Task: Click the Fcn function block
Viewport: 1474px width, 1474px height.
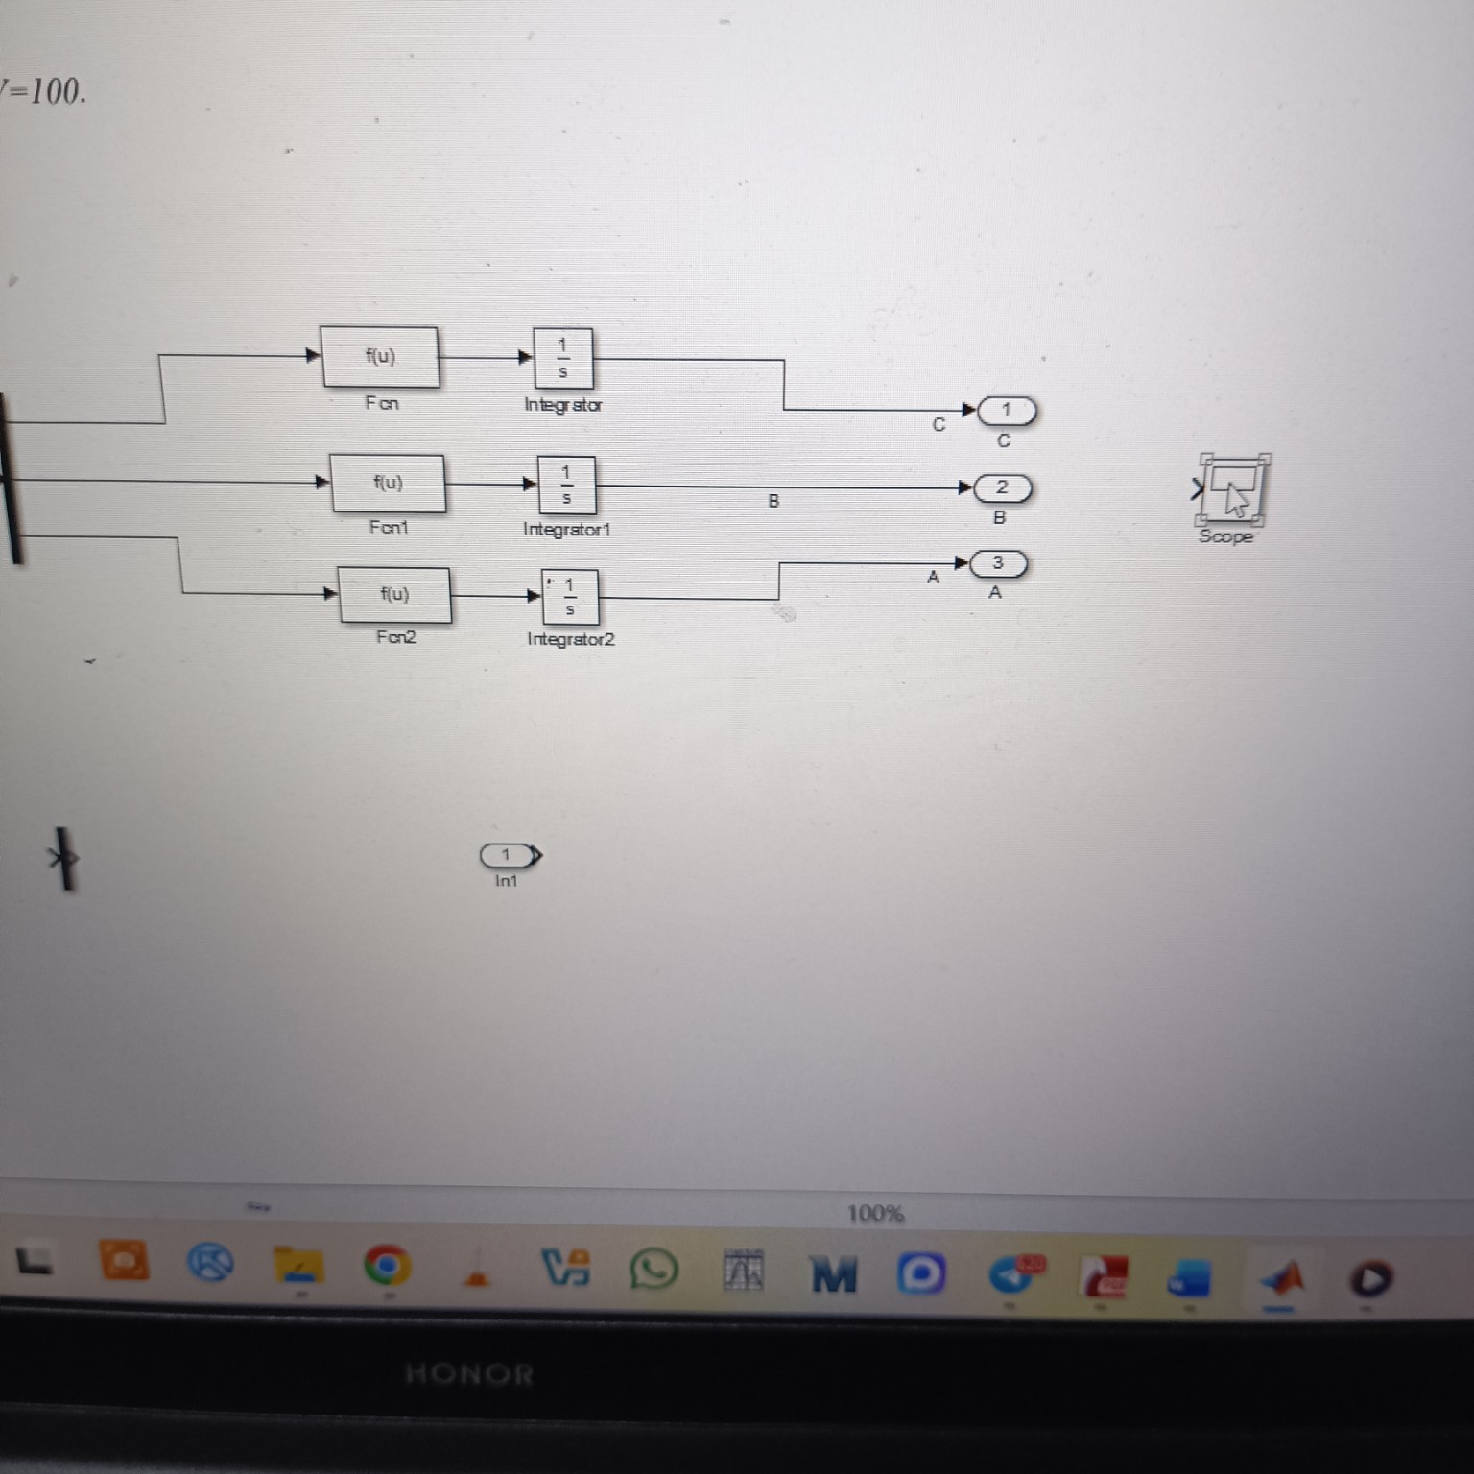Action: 380,357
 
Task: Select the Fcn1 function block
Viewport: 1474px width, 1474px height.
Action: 388,484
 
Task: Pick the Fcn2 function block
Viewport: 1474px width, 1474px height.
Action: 394,595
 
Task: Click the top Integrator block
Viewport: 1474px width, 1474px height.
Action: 563,358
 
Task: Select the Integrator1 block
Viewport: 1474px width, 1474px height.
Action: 566,485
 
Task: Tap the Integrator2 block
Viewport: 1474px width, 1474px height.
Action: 570,597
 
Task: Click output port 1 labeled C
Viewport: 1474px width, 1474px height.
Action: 1007,411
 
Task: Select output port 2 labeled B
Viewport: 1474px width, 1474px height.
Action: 1002,488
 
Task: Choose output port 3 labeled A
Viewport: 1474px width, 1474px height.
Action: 998,563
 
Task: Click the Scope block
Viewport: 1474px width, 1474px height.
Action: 1232,489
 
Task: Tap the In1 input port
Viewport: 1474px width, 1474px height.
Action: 509,854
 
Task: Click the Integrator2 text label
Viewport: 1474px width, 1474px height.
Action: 571,639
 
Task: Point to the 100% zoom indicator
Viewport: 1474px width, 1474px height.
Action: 875,1214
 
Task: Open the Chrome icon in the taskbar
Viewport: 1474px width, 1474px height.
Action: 387,1267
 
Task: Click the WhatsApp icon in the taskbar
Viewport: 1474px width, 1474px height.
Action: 654,1272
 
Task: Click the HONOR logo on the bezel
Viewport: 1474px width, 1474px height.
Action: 469,1374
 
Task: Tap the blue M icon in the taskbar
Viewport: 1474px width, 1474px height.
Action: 834,1274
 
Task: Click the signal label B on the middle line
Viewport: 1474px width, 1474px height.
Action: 773,501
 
